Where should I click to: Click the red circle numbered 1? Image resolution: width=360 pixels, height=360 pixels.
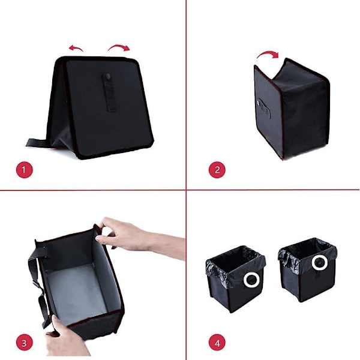click(25, 170)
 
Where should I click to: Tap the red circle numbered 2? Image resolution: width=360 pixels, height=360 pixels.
click(217, 170)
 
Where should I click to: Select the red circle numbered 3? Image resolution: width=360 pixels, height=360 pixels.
click(25, 343)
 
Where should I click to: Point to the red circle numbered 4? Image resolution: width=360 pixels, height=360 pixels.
click(217, 343)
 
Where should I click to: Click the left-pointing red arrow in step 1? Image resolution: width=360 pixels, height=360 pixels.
click(76, 48)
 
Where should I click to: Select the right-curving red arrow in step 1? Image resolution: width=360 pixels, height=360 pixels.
click(119, 47)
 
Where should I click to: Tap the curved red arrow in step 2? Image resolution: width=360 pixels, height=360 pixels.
click(268, 54)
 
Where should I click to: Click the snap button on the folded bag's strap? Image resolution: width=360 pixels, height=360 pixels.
click(108, 76)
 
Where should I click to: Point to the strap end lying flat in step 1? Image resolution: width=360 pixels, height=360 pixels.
click(37, 143)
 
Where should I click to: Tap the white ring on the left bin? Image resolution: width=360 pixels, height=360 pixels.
click(251, 280)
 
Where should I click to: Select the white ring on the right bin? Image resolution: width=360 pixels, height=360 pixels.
click(319, 263)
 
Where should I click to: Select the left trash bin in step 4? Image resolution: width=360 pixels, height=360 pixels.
click(236, 279)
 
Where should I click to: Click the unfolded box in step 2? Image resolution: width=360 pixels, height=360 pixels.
click(292, 108)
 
